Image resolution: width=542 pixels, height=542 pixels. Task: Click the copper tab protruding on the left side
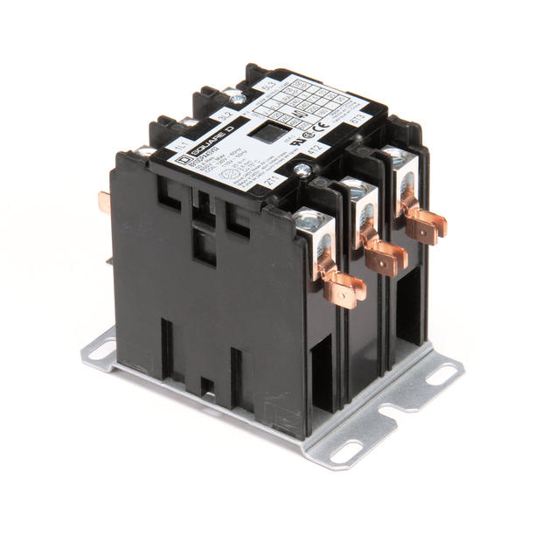(104, 202)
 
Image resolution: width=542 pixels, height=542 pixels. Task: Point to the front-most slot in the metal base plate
(344, 453)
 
